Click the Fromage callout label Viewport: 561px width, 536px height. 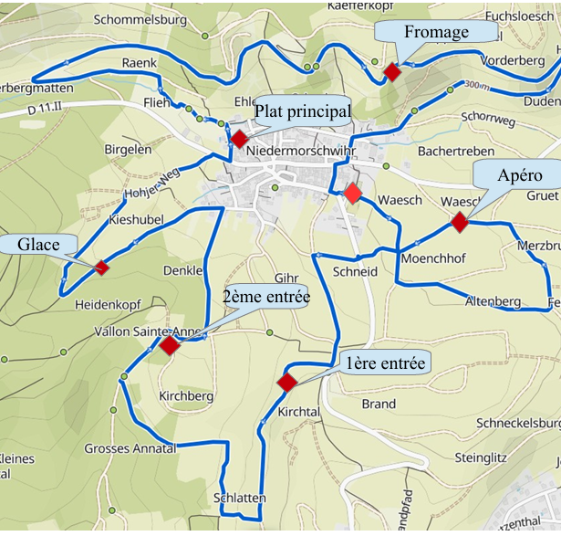436,32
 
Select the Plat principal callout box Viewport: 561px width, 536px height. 302,111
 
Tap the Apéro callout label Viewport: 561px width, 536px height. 520,175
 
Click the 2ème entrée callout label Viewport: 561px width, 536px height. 265,297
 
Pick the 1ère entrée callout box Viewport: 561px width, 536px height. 386,363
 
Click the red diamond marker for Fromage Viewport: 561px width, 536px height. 392,72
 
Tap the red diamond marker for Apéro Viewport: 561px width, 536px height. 459,222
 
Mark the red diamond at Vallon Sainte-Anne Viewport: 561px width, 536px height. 170,345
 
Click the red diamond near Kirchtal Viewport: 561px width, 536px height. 287,383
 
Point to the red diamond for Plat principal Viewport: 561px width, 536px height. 239,139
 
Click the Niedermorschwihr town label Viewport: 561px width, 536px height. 299,144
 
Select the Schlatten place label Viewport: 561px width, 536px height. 239,498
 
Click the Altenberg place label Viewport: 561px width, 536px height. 493,301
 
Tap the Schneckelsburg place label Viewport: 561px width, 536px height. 518,424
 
